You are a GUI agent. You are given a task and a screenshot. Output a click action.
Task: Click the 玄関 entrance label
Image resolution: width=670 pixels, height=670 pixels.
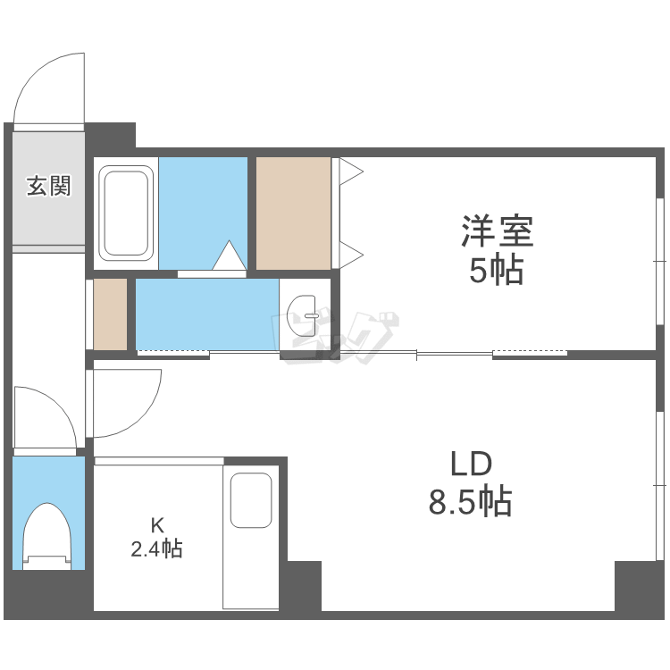coord(48,187)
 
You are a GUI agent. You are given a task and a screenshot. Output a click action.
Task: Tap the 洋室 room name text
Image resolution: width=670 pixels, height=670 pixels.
coord(497,232)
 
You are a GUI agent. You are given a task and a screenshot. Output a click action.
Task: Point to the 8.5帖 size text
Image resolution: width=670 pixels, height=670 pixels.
coord(470,502)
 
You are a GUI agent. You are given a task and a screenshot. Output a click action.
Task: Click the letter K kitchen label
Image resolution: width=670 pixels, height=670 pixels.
coord(156,524)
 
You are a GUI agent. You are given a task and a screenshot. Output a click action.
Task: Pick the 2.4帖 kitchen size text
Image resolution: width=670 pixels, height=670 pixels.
coord(156,549)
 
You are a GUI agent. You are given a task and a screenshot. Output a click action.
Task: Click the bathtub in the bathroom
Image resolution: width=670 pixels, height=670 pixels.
coord(125,212)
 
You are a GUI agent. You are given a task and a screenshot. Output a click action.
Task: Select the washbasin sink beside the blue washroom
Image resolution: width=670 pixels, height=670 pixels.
coord(305,314)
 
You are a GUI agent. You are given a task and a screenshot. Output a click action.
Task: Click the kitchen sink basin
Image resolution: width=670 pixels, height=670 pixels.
coord(251,500)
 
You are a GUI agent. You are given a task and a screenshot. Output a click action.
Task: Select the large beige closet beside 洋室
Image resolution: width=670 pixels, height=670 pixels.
coord(293,212)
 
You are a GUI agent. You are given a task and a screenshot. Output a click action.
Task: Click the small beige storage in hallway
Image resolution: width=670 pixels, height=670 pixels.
coord(111,314)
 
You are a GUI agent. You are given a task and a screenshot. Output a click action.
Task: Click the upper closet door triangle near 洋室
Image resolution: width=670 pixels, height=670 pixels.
coord(349,171)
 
